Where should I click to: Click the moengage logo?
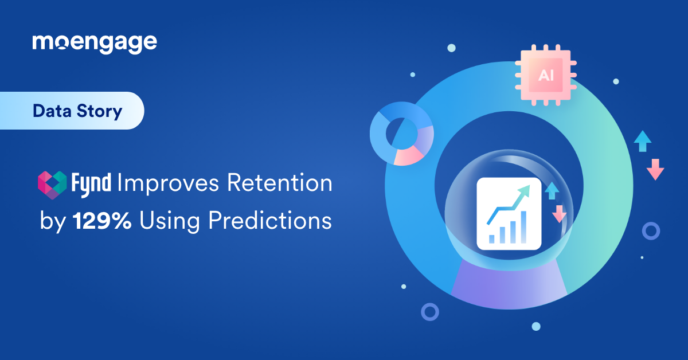point(95,43)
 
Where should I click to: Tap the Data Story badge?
point(77,111)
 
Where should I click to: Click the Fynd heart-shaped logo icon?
point(52,184)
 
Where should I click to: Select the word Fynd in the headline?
point(92,184)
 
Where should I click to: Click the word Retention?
point(280,183)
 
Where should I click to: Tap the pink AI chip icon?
point(546,76)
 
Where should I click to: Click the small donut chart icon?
point(401,134)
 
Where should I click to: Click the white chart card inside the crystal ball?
point(509,213)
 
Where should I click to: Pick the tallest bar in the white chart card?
point(523,228)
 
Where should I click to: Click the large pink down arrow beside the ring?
point(655,170)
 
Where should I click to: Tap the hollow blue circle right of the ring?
point(651,231)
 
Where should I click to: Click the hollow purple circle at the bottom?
point(429,312)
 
